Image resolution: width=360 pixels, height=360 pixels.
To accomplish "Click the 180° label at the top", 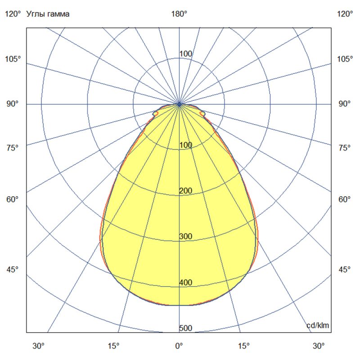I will [x=179, y=14].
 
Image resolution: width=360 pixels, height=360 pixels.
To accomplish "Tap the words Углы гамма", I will [x=48, y=14].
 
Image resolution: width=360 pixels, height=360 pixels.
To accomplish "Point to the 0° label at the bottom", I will [x=179, y=346].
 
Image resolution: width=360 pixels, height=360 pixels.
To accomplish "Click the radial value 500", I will [x=185, y=328].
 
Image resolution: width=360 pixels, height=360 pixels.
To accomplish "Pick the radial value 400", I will [x=185, y=282].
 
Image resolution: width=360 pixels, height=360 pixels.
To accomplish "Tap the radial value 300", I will [x=185, y=236].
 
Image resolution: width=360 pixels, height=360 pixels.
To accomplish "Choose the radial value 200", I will [x=185, y=191].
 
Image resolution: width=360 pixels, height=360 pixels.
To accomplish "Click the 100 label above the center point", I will [x=186, y=54].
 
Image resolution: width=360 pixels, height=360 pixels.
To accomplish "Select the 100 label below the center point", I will [x=185, y=145].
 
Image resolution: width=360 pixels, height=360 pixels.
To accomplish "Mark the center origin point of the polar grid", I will [x=180, y=104].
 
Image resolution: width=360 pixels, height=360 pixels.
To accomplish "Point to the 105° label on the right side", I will [x=345, y=59].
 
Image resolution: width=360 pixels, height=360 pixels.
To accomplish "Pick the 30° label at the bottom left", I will [x=38, y=346].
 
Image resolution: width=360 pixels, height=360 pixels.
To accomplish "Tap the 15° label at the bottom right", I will [x=244, y=346].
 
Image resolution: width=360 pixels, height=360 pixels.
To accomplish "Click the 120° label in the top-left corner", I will [x=13, y=14].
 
